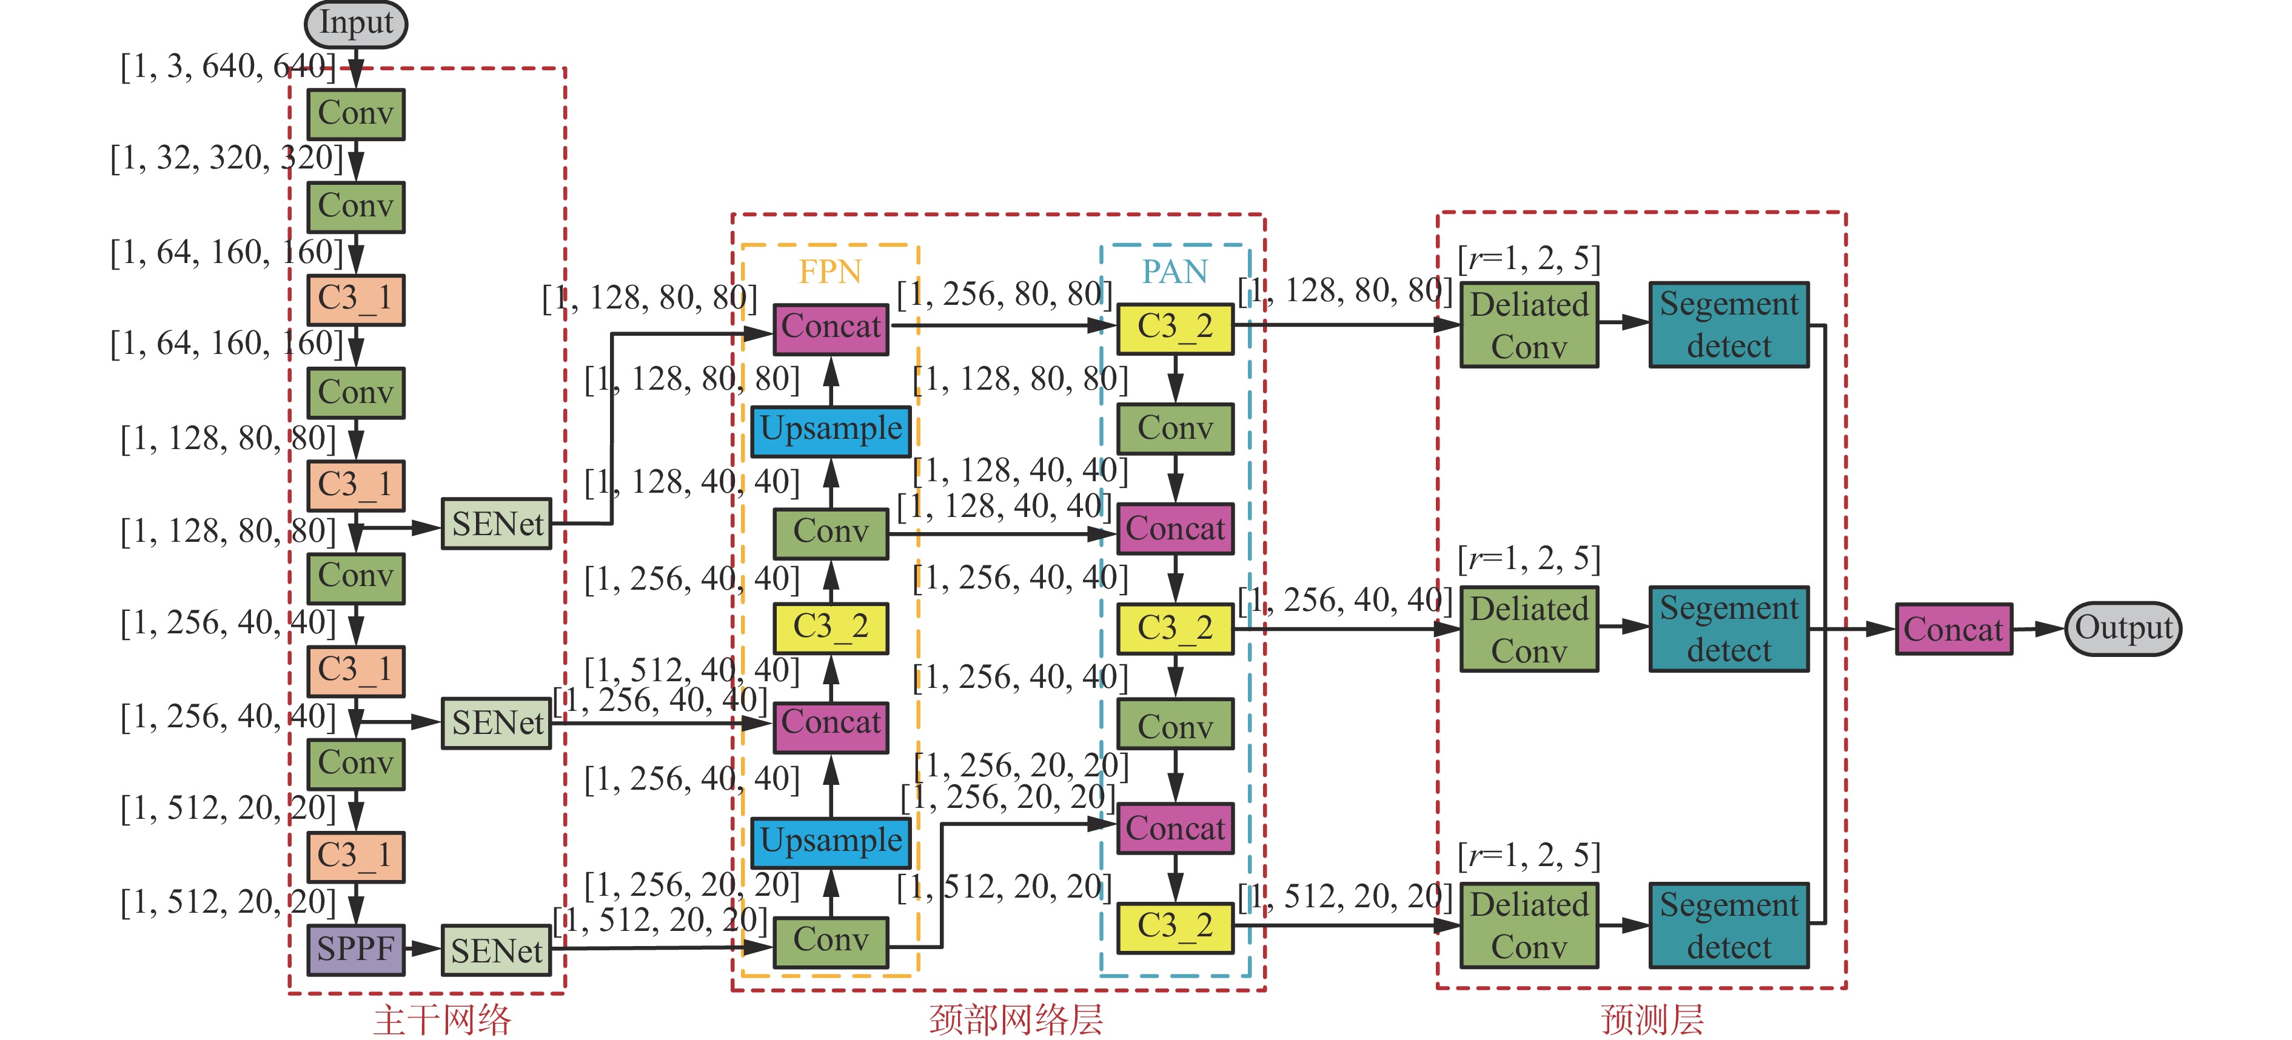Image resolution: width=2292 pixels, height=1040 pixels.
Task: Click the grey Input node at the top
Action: [x=356, y=24]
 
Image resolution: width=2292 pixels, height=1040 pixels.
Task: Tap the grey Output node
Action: [x=2123, y=628]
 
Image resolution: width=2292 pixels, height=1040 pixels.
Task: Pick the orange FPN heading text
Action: [x=830, y=272]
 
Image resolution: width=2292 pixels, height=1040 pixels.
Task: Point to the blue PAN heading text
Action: [x=1174, y=272]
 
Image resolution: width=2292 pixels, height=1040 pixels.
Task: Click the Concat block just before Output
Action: [x=1953, y=629]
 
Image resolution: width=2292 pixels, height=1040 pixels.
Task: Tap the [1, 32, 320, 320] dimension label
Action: [x=226, y=158]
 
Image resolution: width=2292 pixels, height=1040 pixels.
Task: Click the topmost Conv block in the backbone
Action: [x=356, y=114]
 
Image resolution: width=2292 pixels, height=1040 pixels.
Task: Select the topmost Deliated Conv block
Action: [x=1529, y=325]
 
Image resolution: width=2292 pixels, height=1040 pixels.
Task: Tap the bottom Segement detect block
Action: [x=1729, y=925]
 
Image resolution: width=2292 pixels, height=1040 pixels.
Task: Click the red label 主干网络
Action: [x=442, y=1019]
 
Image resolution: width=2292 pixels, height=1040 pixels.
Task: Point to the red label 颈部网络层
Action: [x=1015, y=1019]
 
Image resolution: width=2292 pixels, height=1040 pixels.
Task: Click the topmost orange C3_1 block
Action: [x=356, y=299]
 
